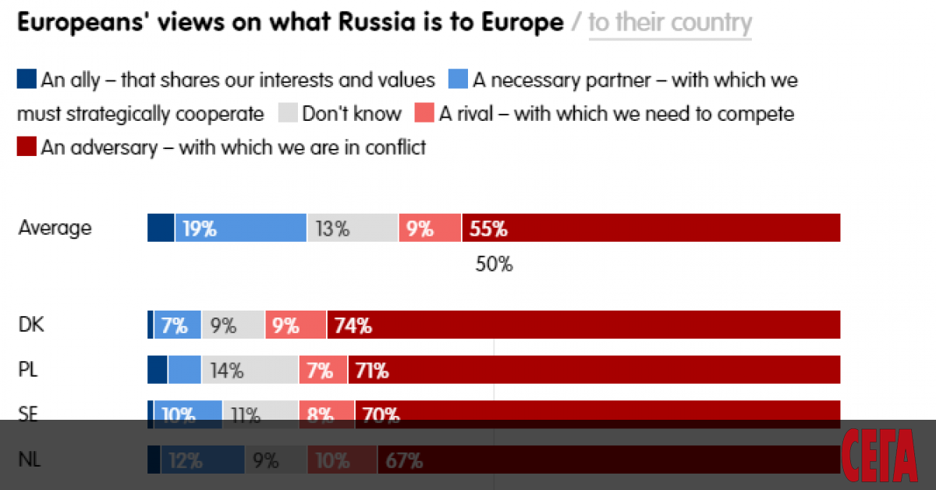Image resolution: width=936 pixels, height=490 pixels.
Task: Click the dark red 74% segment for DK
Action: tap(583, 325)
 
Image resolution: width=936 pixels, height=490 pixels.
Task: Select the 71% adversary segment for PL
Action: tap(593, 370)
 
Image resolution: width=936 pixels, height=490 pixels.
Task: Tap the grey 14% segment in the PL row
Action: tap(250, 370)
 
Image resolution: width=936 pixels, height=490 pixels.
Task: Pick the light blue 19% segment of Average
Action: tap(240, 228)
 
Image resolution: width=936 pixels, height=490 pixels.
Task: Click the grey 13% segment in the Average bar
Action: tap(352, 228)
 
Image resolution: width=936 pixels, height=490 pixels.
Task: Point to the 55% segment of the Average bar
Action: tap(651, 228)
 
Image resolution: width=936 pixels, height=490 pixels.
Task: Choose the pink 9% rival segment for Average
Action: tap(429, 228)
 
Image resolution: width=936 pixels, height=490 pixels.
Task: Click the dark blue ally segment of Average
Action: tap(161, 228)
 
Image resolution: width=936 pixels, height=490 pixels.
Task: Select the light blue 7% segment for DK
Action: tap(177, 325)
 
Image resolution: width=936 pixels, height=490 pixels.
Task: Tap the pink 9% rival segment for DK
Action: tap(296, 325)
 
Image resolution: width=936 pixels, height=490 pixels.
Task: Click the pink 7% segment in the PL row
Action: tap(323, 370)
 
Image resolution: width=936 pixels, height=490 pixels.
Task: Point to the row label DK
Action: tap(31, 325)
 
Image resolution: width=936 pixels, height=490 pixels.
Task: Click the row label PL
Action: tap(29, 370)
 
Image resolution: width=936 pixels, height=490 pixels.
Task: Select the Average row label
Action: tap(55, 228)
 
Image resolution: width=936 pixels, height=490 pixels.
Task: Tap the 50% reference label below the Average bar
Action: tap(494, 265)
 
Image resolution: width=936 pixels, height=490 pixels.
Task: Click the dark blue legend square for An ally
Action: tap(27, 80)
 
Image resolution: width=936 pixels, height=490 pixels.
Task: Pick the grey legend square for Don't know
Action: tap(288, 114)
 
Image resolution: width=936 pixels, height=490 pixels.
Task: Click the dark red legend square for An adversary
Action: tap(27, 147)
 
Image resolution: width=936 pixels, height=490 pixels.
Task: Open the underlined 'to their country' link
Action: tap(670, 22)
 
